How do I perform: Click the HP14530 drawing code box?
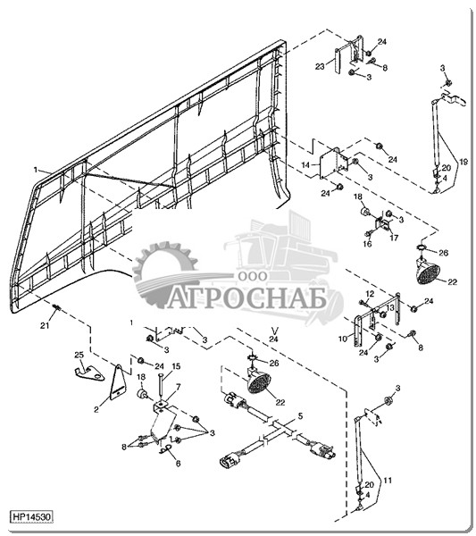coord(32,516)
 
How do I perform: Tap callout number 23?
coord(320,66)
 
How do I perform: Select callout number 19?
coord(463,162)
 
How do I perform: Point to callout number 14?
coord(305,165)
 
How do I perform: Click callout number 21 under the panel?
coord(45,326)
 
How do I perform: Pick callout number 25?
coord(79,356)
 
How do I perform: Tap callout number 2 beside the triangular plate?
coord(96,409)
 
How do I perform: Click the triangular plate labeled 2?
coord(118,381)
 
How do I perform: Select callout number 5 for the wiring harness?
coord(300,416)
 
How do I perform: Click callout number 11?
coord(388,481)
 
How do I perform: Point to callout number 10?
coord(342,339)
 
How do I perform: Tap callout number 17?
coord(394,238)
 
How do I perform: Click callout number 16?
coord(367,244)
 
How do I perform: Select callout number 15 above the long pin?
coord(176,366)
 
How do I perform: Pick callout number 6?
coord(178,463)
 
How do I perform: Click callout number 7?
coord(178,387)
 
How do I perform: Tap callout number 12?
coord(370,294)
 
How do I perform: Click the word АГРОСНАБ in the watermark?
coord(246,300)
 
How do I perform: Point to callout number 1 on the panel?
coord(35,170)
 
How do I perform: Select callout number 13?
coord(390,307)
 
